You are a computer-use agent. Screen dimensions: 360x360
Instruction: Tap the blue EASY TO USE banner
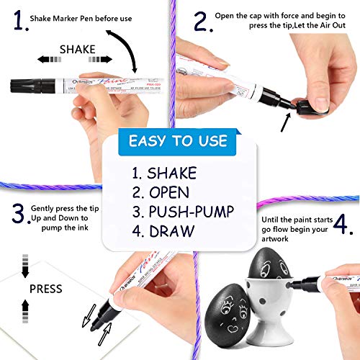(179, 141)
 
